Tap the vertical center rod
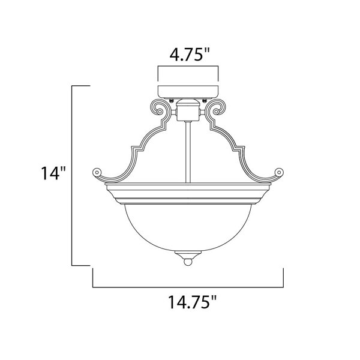[x=187, y=150]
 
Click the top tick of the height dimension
[x=81, y=86]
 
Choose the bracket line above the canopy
[x=187, y=66]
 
